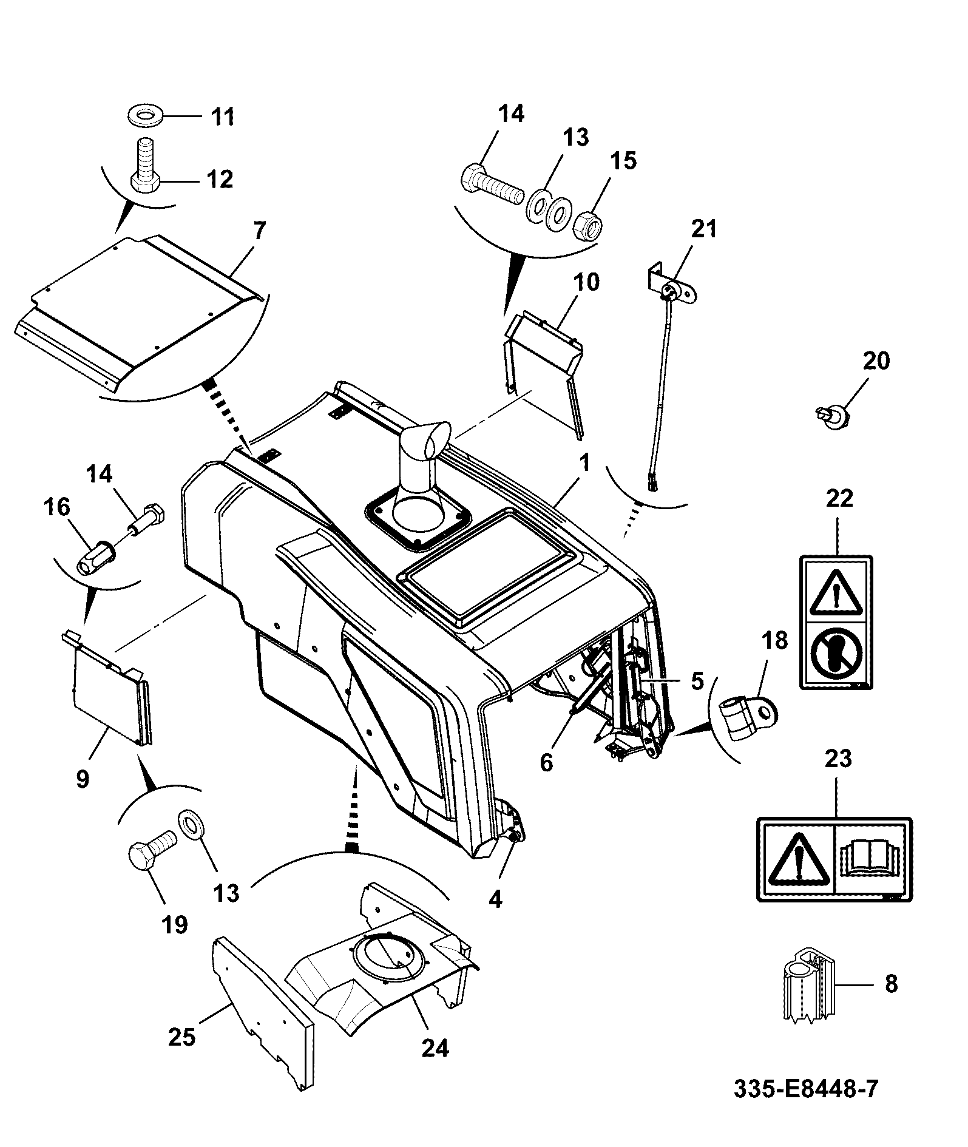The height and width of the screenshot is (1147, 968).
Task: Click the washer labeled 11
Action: tap(146, 115)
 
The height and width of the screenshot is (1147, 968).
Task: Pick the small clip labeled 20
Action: tap(832, 417)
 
